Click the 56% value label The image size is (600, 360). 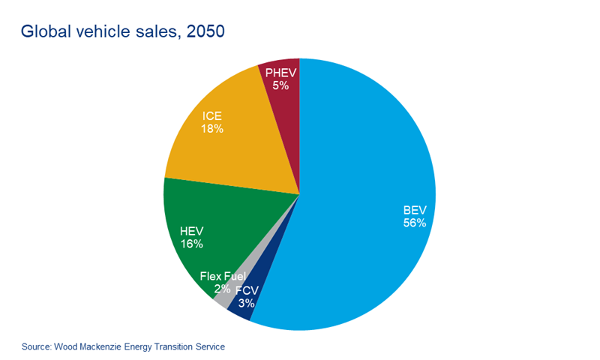click(414, 223)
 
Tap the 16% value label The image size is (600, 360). click(191, 244)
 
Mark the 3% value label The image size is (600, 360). click(246, 304)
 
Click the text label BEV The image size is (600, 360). click(414, 210)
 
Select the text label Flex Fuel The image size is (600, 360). click(222, 276)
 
